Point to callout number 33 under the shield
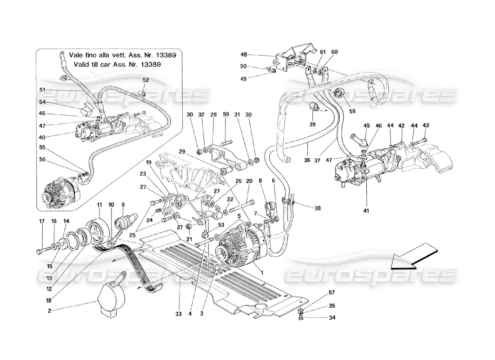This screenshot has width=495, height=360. point(179,302)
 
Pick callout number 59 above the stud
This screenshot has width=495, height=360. point(226,114)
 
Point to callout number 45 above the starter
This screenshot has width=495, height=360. point(366,126)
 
